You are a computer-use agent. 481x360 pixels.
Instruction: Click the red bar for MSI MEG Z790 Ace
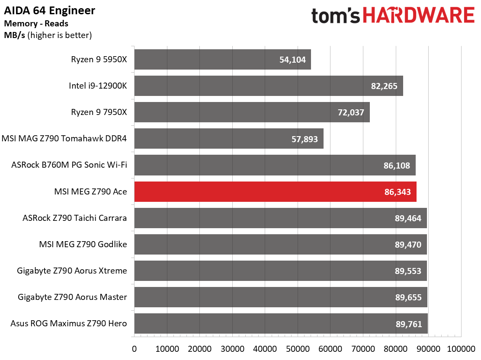(x=275, y=192)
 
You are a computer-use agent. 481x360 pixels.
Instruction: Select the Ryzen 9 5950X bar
(x=222, y=60)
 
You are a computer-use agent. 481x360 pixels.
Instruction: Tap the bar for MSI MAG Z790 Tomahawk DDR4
(x=229, y=138)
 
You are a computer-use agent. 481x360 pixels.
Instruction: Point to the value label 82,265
(x=384, y=86)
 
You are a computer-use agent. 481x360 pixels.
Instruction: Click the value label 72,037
(x=351, y=112)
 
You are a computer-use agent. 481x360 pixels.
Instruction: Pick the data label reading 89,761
(x=409, y=324)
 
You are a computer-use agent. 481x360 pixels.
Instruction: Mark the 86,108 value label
(x=397, y=166)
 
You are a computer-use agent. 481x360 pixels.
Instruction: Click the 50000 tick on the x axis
(x=298, y=349)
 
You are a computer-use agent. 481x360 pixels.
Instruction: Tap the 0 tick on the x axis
(x=135, y=349)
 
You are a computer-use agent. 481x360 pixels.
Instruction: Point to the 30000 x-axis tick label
(x=232, y=349)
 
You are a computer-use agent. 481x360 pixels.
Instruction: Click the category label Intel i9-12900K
(x=98, y=86)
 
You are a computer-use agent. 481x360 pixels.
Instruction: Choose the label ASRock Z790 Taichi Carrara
(x=74, y=218)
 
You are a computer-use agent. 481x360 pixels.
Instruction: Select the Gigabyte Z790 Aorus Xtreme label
(x=72, y=271)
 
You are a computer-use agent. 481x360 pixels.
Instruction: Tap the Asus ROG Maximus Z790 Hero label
(x=69, y=324)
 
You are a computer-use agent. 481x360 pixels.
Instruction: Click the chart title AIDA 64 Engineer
(x=49, y=10)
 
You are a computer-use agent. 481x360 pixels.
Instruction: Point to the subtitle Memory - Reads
(x=36, y=24)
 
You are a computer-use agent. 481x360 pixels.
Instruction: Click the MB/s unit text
(x=14, y=35)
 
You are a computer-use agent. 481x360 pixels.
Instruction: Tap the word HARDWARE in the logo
(x=419, y=16)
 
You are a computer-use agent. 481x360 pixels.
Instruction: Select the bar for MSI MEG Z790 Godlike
(x=280, y=245)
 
